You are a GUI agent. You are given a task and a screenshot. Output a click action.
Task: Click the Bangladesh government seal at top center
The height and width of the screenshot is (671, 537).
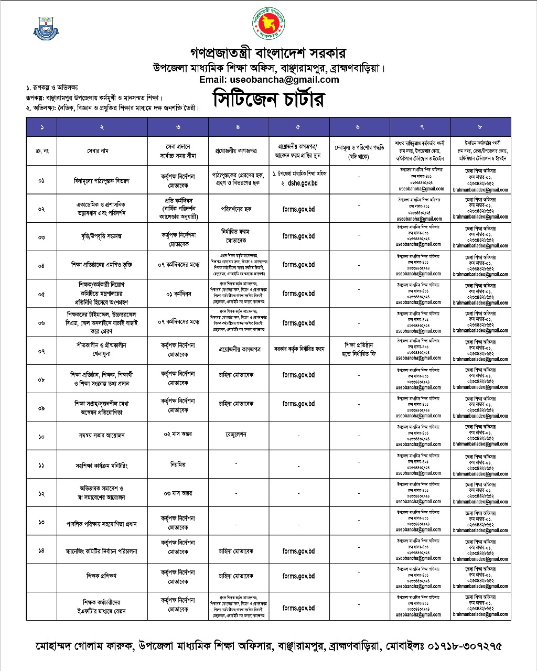coord(268,24)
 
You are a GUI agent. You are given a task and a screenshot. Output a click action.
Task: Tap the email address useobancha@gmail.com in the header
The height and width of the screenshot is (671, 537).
coord(268,80)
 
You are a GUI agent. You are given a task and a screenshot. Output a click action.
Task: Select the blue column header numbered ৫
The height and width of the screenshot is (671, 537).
coord(299,127)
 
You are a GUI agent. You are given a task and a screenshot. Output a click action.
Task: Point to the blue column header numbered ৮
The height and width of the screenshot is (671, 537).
coord(480,127)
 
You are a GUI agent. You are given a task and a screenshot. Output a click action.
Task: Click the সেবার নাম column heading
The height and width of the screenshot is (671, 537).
coord(102,151)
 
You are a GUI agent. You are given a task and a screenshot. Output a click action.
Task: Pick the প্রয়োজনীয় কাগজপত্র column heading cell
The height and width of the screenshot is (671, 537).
coord(238,151)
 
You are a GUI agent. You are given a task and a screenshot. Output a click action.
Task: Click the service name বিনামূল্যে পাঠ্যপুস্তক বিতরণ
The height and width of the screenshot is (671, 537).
coord(102,180)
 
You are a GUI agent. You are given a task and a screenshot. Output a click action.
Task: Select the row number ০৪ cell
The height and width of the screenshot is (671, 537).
coord(41,265)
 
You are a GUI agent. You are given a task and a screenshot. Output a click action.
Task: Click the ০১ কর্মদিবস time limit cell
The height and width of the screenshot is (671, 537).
coord(178,294)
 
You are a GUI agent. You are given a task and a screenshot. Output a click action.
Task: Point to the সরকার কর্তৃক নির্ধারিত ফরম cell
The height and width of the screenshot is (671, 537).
coord(299,349)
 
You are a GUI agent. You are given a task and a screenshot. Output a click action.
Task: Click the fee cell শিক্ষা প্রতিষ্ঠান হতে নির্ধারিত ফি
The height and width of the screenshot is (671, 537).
coord(359,349)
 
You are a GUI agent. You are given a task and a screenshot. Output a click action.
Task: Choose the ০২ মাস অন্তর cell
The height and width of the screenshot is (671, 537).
coord(178,434)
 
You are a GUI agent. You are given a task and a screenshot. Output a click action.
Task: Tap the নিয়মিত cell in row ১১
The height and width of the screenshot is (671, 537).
coord(178,464)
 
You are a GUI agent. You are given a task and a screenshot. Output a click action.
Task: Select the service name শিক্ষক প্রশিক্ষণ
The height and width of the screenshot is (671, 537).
coord(101,576)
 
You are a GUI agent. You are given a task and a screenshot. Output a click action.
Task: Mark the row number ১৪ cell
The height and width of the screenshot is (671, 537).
coord(41,550)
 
